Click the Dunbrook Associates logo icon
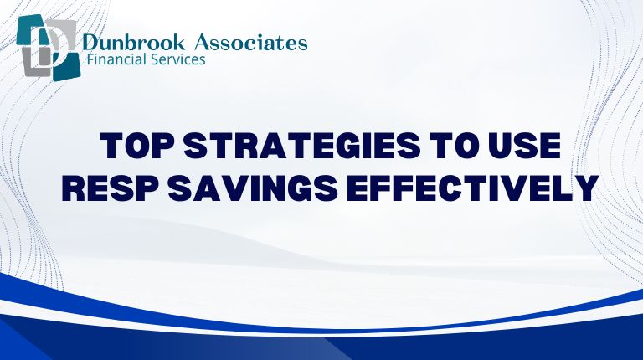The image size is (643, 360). [46, 48]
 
